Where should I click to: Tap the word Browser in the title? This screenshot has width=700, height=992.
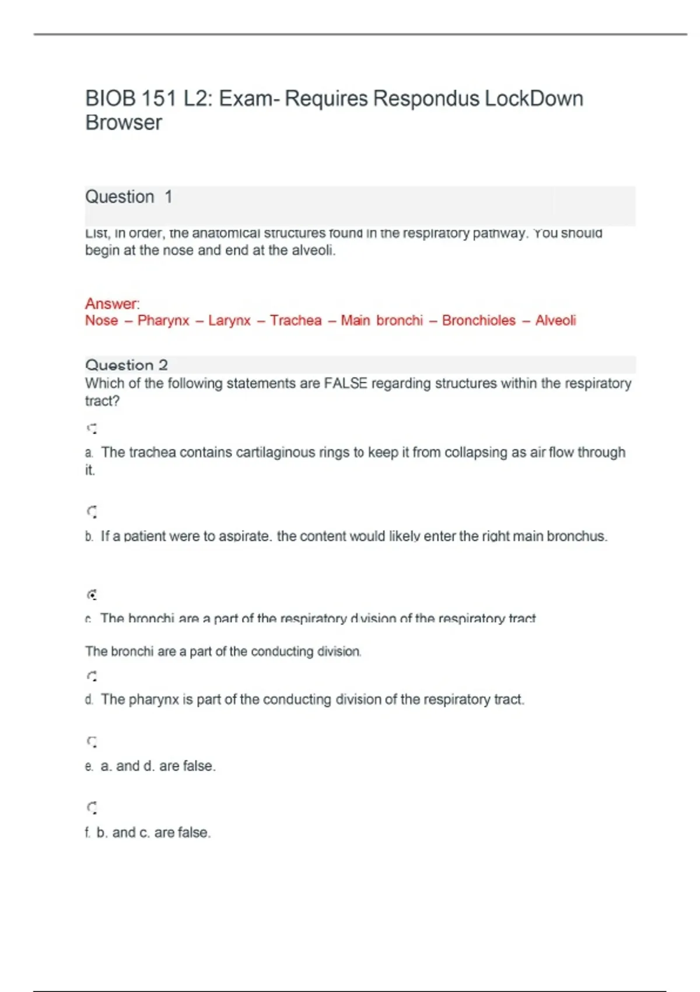click(124, 123)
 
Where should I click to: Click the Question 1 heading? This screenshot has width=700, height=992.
click(128, 197)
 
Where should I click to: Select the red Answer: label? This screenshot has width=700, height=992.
click(113, 303)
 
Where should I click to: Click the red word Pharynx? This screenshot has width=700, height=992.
click(163, 320)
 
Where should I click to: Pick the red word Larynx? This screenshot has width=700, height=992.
click(229, 320)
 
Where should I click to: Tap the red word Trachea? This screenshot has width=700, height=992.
click(296, 320)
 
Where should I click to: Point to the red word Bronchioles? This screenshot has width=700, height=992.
click(478, 320)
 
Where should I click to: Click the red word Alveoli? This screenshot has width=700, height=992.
click(555, 320)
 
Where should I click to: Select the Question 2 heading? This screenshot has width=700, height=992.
click(127, 365)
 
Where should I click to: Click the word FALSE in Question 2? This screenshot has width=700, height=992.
click(345, 383)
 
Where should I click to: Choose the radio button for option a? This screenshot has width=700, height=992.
click(92, 429)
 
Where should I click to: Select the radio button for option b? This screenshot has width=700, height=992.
click(92, 512)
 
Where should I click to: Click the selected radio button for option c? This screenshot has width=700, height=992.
click(92, 595)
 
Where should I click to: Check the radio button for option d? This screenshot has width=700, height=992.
click(92, 677)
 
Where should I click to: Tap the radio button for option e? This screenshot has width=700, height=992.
click(92, 742)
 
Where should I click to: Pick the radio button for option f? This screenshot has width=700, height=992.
click(92, 808)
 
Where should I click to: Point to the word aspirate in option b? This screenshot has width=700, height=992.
click(244, 536)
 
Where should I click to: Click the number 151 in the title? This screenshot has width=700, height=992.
click(158, 99)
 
